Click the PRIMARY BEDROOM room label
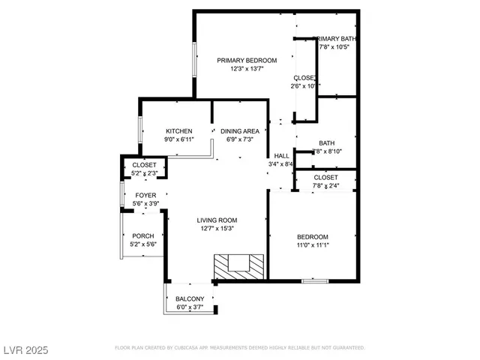pos(247,60)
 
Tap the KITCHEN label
pos(178,130)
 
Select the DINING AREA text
pos(240,130)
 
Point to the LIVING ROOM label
pos(217,220)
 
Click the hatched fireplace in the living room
pos(239,265)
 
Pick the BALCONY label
pos(190,298)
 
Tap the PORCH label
pos(142,235)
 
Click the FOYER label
pos(145,195)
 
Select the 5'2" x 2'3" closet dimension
pos(144,173)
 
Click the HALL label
pos(281,155)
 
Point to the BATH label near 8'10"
pos(326,143)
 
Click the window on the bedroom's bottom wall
pos(314,281)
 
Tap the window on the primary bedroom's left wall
pos(195,60)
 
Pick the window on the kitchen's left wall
pos(140,129)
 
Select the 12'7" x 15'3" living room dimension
pos(217,229)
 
